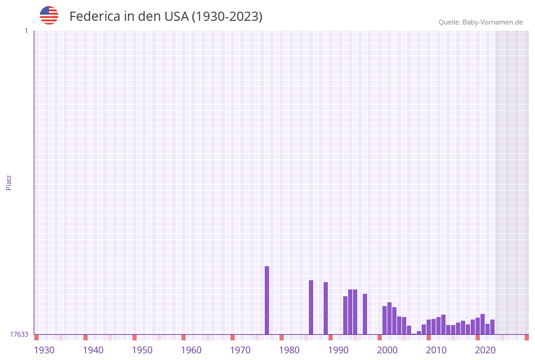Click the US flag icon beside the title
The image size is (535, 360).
tap(49, 15)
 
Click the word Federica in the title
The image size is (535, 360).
tap(94, 17)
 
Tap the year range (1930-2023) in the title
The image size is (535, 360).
tap(227, 17)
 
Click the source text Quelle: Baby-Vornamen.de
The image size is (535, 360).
tap(480, 22)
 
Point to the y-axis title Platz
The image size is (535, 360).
tap(9, 182)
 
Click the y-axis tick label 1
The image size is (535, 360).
tap(26, 31)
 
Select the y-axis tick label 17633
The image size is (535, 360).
tap(19, 334)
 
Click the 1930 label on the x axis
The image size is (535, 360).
tap(44, 350)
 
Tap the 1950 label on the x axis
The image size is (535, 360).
tap(142, 350)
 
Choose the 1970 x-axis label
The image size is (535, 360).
tap(240, 350)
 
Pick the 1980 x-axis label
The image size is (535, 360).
tap(289, 350)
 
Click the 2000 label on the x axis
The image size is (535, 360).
tap(387, 350)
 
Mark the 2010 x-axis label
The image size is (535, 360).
tap(436, 350)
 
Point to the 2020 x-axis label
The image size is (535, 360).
tap(485, 350)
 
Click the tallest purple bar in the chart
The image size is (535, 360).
tap(267, 301)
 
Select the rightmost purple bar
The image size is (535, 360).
tap(492, 327)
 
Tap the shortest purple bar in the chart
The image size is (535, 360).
tap(414, 334)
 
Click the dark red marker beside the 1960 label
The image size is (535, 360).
tap(183, 337)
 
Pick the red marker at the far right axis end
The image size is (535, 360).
tap(526, 337)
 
